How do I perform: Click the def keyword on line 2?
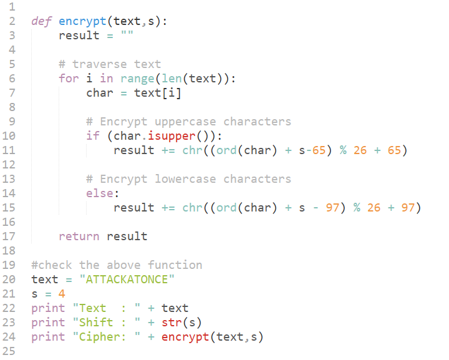coord(41,21)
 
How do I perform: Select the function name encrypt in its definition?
coord(82,22)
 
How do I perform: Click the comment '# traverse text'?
coord(110,64)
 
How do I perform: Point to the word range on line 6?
coord(137,79)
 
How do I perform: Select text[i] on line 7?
coord(158,93)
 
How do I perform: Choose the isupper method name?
coord(171,136)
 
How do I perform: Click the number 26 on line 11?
coord(360,150)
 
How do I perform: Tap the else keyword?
coord(100,193)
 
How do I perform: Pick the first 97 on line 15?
coord(332,208)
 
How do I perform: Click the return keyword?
coord(79,236)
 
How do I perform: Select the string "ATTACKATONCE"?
coord(127,280)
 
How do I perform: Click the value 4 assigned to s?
coord(62,294)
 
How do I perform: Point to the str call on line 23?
coord(171,322)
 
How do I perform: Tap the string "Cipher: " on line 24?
coord(107,336)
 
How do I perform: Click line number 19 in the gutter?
coord(9,265)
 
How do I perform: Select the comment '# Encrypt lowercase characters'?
coord(188,179)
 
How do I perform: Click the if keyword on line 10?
coord(93,136)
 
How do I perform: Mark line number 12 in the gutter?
coord(9,165)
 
